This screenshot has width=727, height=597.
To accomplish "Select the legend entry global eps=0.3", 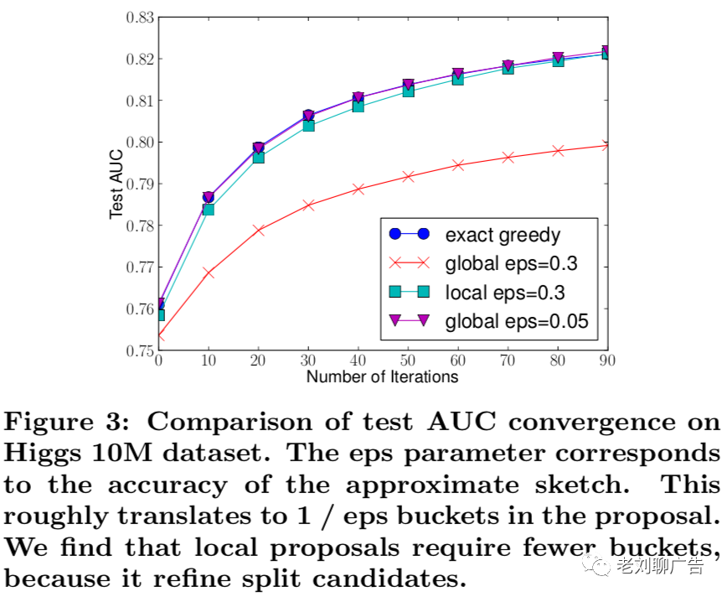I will pyautogui.click(x=510, y=263).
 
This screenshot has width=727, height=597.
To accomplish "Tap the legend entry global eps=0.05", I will pyautogui.click(x=516, y=321).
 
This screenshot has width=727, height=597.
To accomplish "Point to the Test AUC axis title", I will pyautogui.click(x=118, y=184).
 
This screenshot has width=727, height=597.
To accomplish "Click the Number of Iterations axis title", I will pyautogui.click(x=382, y=377).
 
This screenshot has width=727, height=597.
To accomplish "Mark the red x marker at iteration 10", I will pyautogui.click(x=209, y=273).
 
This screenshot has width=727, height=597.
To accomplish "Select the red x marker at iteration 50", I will pyautogui.click(x=408, y=177).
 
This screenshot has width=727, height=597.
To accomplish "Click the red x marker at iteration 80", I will pyautogui.click(x=556, y=151).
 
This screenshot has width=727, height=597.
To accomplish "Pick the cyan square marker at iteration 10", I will pyautogui.click(x=209, y=209).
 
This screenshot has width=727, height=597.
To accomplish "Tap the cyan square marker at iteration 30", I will pyautogui.click(x=308, y=125).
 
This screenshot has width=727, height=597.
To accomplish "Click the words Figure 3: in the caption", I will pyautogui.click(x=66, y=420).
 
